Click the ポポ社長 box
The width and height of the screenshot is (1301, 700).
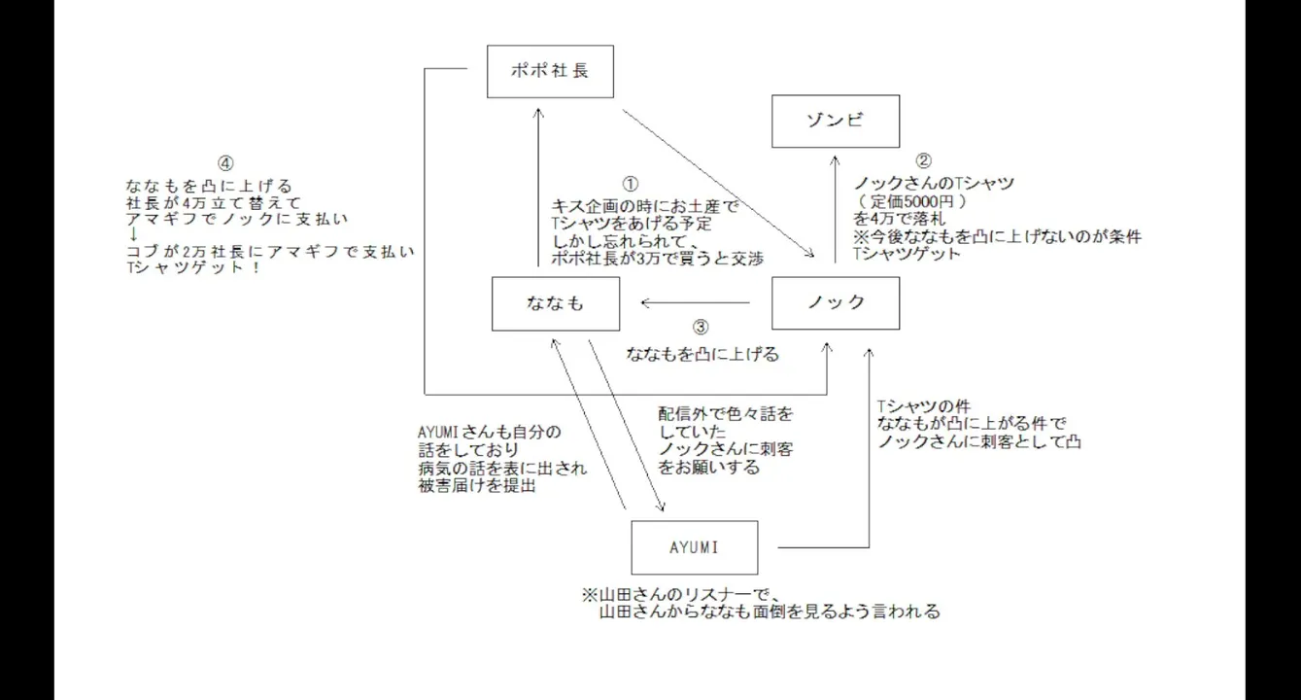550,71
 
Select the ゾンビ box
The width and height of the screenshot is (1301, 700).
836,121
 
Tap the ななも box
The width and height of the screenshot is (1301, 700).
555,303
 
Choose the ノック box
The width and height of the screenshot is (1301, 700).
835,303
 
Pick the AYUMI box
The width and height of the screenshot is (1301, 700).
694,547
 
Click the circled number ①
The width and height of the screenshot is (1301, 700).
630,184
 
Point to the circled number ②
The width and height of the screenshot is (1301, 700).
924,161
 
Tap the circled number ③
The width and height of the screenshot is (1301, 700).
702,329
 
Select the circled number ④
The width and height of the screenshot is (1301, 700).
226,164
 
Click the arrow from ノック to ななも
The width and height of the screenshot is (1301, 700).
695,303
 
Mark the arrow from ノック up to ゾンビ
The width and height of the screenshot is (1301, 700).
836,209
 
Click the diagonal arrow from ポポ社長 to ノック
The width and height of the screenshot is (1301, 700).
719,186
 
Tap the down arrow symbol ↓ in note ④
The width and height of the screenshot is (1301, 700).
133,234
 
